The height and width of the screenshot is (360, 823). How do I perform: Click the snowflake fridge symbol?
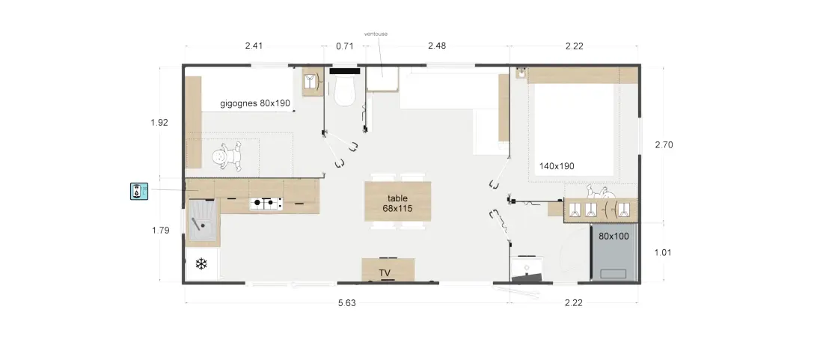(201, 264)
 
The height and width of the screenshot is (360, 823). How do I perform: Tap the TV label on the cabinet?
(385, 273)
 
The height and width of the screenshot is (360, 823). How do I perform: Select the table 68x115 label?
(397, 203)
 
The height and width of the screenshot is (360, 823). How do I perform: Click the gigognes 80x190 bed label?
(255, 103)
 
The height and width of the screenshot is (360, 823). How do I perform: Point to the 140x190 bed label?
(557, 166)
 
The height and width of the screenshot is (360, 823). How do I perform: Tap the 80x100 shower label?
(614, 237)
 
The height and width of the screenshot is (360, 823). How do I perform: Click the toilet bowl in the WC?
(346, 91)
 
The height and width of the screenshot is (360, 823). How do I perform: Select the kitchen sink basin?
(201, 220)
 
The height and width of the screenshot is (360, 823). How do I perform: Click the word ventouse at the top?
(376, 34)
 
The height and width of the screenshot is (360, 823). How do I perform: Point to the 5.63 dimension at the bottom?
(347, 303)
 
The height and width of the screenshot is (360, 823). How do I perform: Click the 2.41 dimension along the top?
(254, 46)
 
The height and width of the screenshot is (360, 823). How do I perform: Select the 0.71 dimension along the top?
(345, 46)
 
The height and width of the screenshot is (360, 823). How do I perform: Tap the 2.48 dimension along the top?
(437, 46)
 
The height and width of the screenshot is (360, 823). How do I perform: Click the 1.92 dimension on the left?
(159, 122)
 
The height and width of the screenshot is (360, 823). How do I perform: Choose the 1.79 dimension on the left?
(161, 230)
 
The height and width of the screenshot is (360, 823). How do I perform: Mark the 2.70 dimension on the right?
(664, 145)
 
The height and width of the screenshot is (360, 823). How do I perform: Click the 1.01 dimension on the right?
(663, 252)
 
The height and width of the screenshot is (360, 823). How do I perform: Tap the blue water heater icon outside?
(139, 191)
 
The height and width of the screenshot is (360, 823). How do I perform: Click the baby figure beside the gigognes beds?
(227, 156)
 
